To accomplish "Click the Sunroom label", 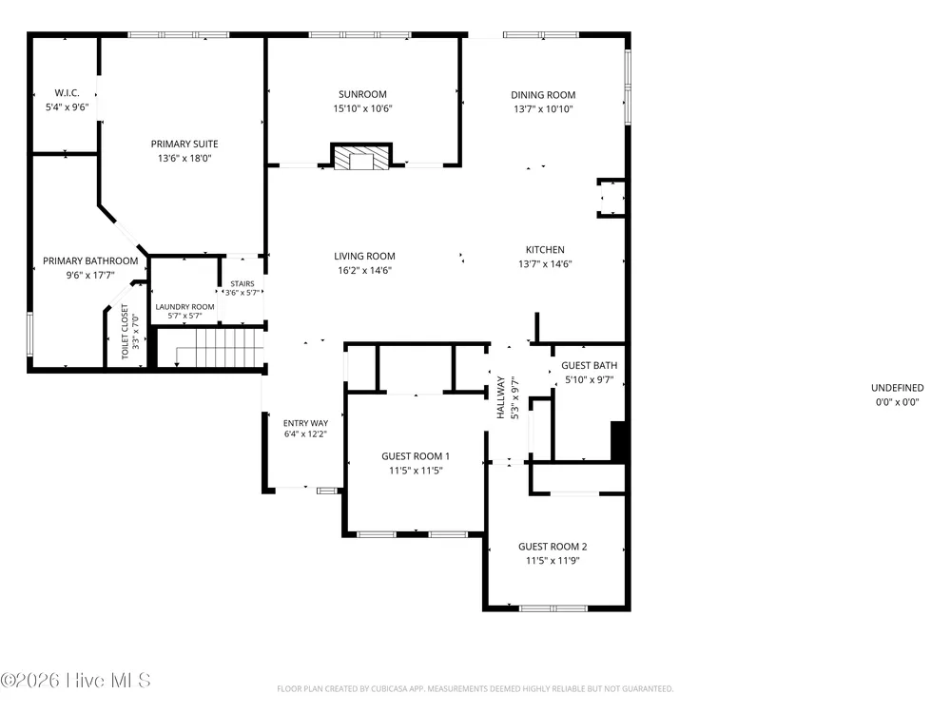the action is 362,94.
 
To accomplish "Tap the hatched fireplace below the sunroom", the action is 361,157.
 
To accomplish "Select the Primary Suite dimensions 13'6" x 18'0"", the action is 184,158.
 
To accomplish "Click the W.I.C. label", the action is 67,93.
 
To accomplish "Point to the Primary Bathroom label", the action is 90,260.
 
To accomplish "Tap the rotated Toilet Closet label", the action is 125,332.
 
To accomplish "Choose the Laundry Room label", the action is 185,307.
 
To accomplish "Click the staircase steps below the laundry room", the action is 219,348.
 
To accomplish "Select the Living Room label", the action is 364,257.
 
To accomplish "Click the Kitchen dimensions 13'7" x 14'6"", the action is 545,263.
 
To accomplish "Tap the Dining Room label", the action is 543,95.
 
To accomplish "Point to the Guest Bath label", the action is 589,366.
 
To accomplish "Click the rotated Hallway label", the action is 501,397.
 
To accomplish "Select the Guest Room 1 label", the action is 416,456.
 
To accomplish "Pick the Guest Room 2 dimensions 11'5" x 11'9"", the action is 553,561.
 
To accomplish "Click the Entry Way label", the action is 305,423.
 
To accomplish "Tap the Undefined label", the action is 898,388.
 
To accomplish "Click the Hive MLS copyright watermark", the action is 75,681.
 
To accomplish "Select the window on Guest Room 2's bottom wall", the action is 553,608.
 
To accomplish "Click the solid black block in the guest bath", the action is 618,441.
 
